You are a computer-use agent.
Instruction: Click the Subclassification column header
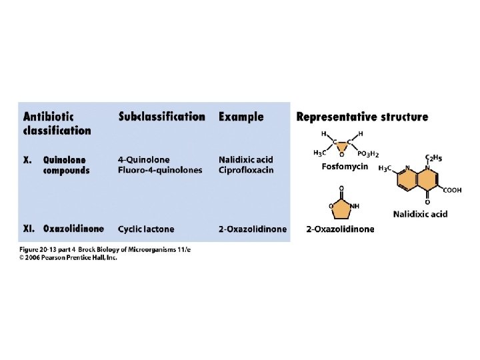pyautogui.click(x=161, y=117)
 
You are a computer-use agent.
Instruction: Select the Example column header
pyautogui.click(x=241, y=117)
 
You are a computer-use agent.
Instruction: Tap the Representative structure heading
pyautogui.click(x=362, y=117)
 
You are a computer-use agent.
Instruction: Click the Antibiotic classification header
pyautogui.click(x=57, y=123)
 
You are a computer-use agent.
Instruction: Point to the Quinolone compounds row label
pyautogui.click(x=66, y=165)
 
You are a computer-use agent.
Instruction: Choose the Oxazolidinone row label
pyautogui.click(x=73, y=229)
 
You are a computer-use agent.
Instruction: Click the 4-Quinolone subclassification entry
pyautogui.click(x=143, y=160)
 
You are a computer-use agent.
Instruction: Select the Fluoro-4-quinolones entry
pyautogui.click(x=159, y=170)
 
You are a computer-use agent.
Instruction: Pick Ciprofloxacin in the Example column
pyautogui.click(x=243, y=170)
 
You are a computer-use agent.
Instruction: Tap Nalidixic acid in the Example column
pyautogui.click(x=245, y=160)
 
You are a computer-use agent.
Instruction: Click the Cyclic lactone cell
pyautogui.click(x=146, y=229)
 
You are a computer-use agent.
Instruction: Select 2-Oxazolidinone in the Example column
pyautogui.click(x=253, y=229)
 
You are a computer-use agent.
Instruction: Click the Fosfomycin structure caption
pyautogui.click(x=345, y=166)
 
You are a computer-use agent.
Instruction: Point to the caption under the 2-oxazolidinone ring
pyautogui.click(x=340, y=229)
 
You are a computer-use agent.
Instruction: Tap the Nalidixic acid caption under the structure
pyautogui.click(x=420, y=214)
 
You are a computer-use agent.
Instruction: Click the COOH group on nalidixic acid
pyautogui.click(x=452, y=190)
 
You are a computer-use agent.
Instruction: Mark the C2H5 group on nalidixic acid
pyautogui.click(x=434, y=157)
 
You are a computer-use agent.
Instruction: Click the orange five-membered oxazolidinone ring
pyautogui.click(x=341, y=206)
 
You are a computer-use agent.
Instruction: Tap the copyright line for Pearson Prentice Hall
pyautogui.click(x=67, y=258)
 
